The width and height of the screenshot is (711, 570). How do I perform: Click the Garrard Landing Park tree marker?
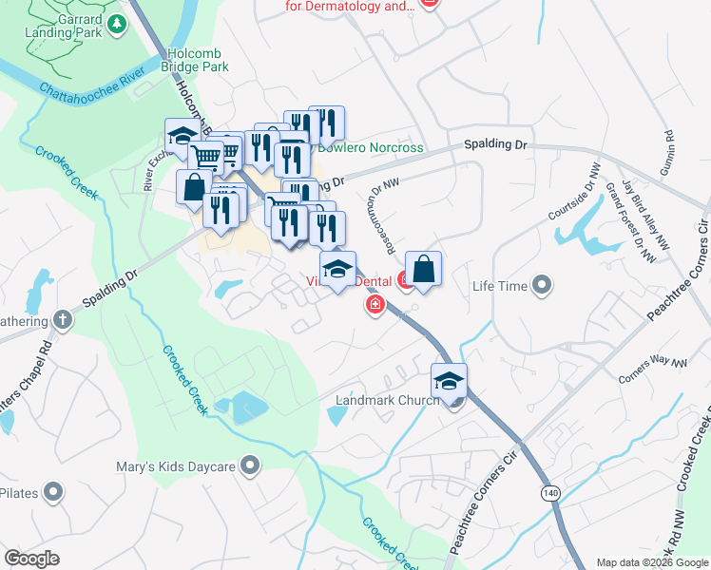pos(118,24)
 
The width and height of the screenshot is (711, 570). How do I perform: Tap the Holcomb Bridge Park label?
pos(197,61)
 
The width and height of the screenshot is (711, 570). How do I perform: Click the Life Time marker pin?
pos(542,284)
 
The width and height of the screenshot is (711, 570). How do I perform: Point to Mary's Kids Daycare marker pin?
pos(250,465)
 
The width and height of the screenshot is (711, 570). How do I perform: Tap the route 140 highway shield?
pos(550,493)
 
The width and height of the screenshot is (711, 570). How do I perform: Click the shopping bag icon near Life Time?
pos(423,270)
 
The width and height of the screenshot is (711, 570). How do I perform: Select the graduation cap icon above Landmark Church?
pos(450,382)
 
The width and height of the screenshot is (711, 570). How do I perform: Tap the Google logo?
pos(31,559)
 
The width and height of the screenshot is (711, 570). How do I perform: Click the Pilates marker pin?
pos(54,492)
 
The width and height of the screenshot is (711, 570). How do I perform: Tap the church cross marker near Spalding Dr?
pos(64,319)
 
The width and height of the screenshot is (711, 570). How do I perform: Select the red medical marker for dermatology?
pos(429,3)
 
